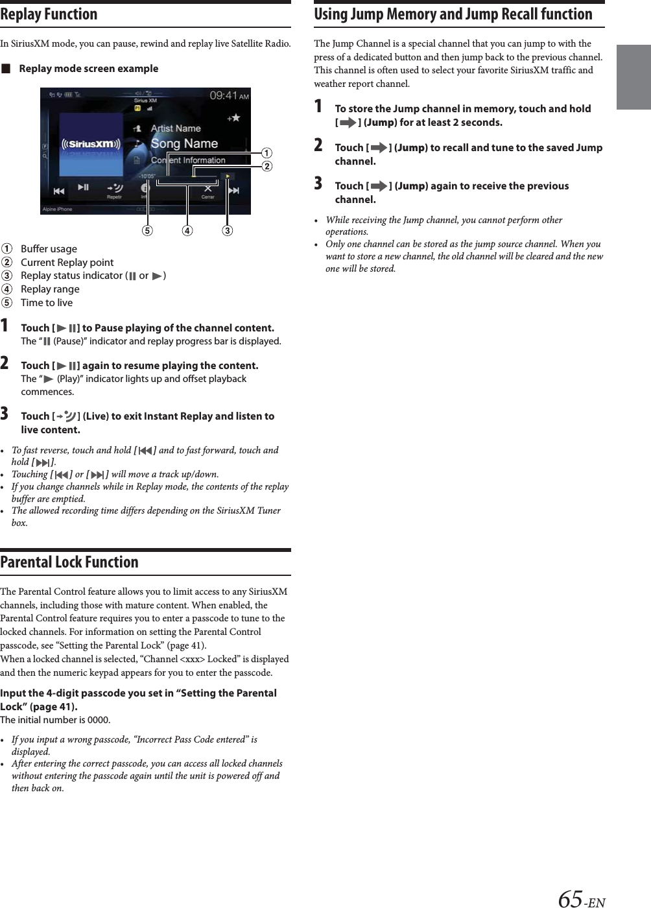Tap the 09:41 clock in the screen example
tap(224, 95)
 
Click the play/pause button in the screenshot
tap(84, 187)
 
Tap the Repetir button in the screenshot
tap(114, 190)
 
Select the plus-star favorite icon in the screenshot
tap(233, 118)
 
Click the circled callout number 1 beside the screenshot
tap(266, 153)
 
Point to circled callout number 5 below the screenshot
tap(147, 231)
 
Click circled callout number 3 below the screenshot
tap(227, 231)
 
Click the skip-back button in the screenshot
tap(58, 191)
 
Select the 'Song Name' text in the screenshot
tap(184, 143)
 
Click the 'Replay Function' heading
tap(49, 14)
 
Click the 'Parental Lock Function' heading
tap(69, 562)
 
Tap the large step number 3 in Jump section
tap(318, 184)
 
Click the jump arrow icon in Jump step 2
tap(378, 148)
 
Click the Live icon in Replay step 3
tap(66, 416)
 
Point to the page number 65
tap(571, 898)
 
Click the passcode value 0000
tap(99, 720)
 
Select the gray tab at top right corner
tap(633, 77)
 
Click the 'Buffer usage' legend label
tap(49, 249)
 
